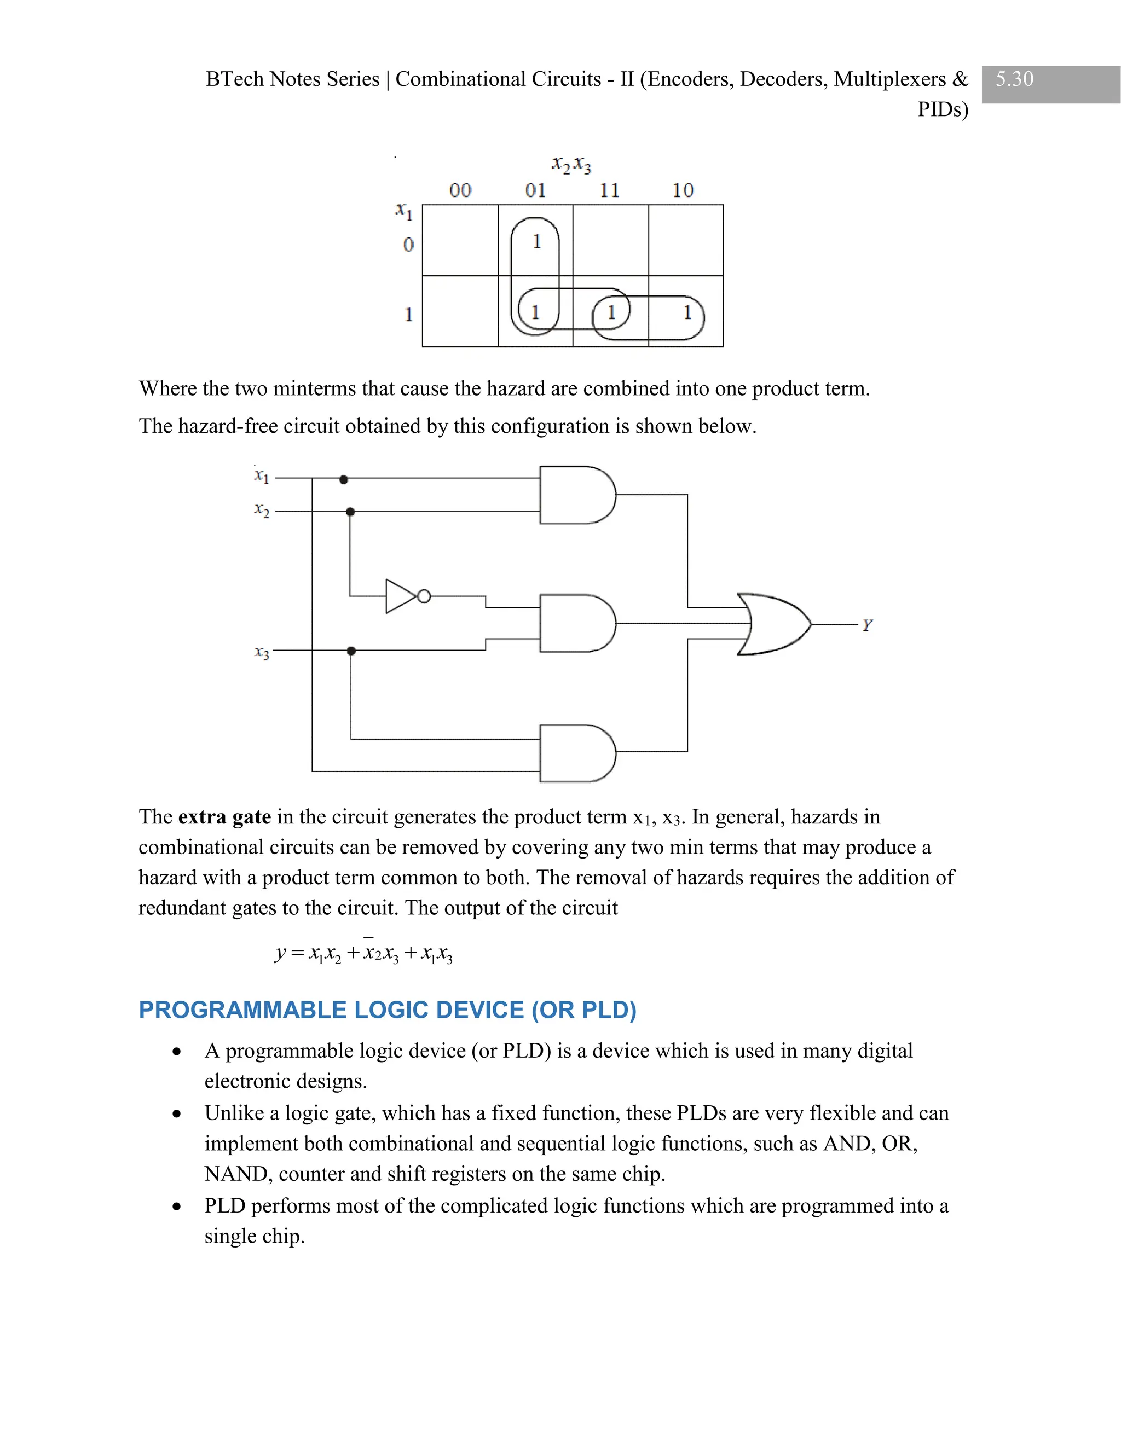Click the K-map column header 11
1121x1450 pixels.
coord(609,190)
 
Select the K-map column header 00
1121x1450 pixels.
coord(460,190)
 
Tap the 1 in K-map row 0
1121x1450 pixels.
coord(536,242)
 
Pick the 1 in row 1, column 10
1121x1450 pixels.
coord(687,312)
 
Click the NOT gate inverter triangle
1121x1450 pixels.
coord(401,596)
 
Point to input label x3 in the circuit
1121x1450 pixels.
coord(262,653)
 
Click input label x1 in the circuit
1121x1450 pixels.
coord(262,476)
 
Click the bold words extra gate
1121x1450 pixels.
coord(224,816)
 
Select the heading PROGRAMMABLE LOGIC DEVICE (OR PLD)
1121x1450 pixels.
coord(387,1010)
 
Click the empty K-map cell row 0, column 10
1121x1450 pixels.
coord(685,240)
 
